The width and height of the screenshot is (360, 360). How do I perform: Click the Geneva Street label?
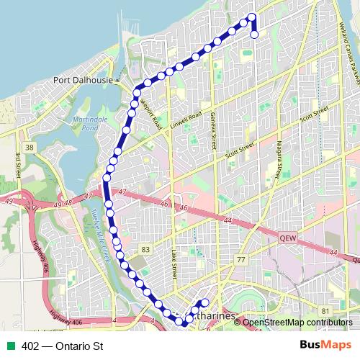[213, 131]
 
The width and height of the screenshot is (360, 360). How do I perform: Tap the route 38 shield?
[29, 147]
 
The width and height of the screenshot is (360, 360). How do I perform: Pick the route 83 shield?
[146, 248]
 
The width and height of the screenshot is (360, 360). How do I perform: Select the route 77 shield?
[241, 259]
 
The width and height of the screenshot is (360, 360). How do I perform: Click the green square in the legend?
[12, 346]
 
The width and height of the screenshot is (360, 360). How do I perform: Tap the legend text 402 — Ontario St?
[63, 346]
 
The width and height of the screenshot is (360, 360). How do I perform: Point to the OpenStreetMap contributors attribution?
[297, 322]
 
